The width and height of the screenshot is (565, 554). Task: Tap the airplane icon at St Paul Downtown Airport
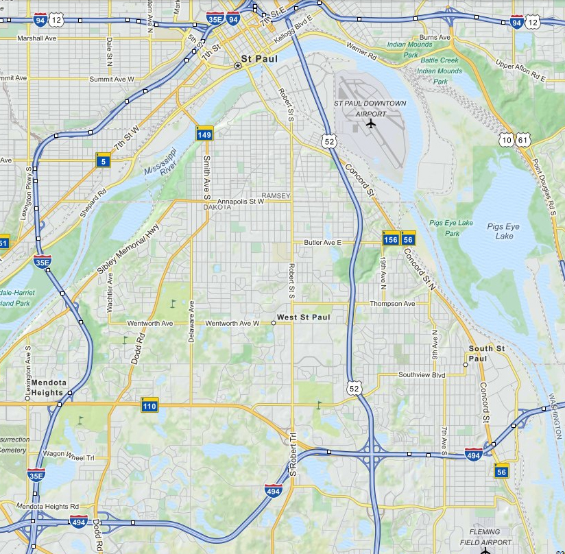point(371,124)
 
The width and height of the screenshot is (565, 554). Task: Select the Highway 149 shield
point(204,134)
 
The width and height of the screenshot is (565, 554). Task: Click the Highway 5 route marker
point(103,160)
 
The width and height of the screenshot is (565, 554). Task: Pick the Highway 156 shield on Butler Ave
point(390,239)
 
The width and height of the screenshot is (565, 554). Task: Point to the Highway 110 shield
point(149,405)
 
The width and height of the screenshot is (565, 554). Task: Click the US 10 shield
point(507,140)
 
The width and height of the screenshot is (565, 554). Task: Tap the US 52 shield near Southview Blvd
point(353,389)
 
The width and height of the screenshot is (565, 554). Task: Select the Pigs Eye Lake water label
point(503,231)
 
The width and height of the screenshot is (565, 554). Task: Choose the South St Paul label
point(487,353)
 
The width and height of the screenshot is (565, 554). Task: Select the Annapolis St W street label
point(235,202)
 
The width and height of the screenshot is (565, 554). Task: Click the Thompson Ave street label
point(392,304)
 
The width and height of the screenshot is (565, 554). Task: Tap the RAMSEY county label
point(276,196)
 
